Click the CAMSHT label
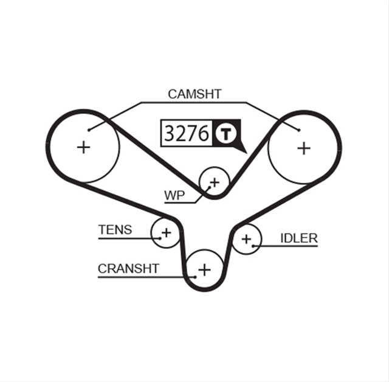pyautogui.click(x=194, y=94)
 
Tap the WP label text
pyautogui.click(x=174, y=196)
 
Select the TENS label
pyautogui.click(x=115, y=229)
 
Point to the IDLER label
pyautogui.click(x=298, y=238)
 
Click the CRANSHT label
pyautogui.click(x=128, y=269)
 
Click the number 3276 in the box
pyautogui.click(x=187, y=133)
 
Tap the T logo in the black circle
pyautogui.click(x=225, y=134)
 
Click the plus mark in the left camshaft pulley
pyautogui.click(x=84, y=147)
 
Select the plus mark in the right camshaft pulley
pyautogui.click(x=304, y=148)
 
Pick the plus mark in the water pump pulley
pyautogui.click(x=215, y=182)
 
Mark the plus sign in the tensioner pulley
pyautogui.click(x=166, y=233)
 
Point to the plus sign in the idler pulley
pyautogui.click(x=246, y=239)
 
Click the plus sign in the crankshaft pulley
pyautogui.click(x=205, y=270)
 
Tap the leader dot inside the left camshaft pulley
pyautogui.click(x=89, y=130)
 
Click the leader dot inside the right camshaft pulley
pyautogui.click(x=299, y=130)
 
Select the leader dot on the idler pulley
pyautogui.click(x=253, y=246)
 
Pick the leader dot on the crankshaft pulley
pyautogui.click(x=196, y=277)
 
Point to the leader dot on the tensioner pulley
pyautogui.click(x=160, y=238)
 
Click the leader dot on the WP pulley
pyautogui.click(x=209, y=188)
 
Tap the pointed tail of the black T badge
pyautogui.click(x=247, y=153)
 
